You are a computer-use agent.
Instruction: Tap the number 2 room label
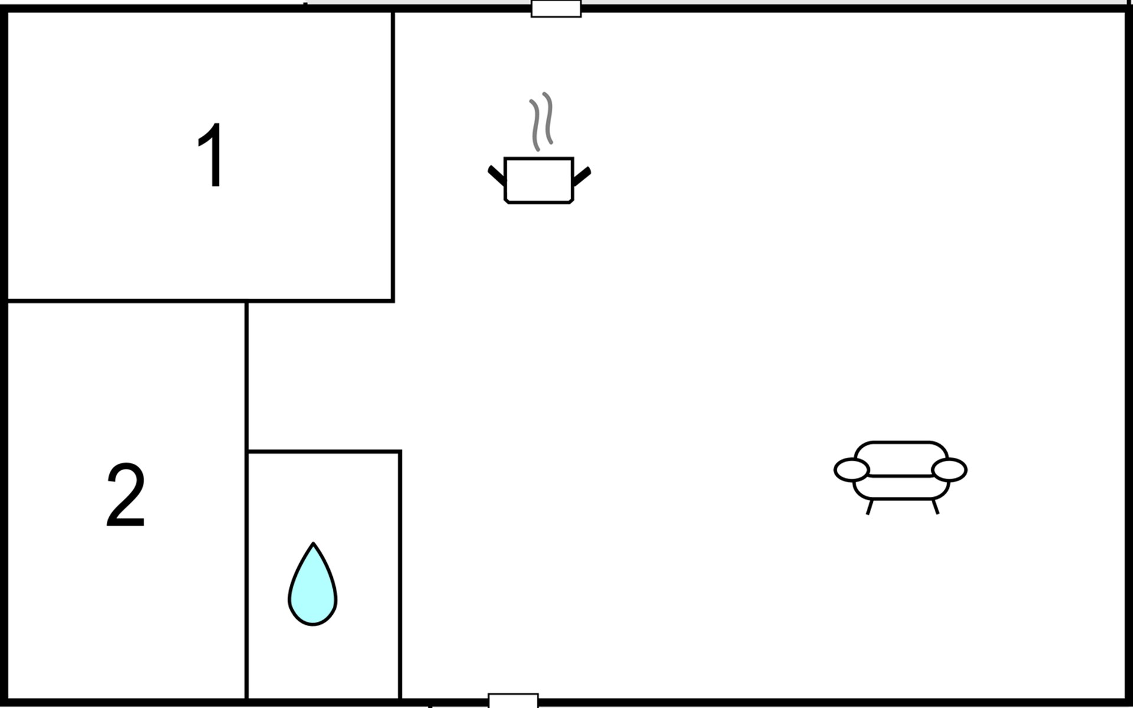tap(126, 495)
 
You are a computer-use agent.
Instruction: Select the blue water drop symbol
tap(313, 584)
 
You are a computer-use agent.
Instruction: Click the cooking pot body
tap(539, 181)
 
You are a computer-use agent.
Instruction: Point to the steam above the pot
tap(542, 122)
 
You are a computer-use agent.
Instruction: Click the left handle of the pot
tap(496, 176)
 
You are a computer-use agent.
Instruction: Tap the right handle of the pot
tap(582, 176)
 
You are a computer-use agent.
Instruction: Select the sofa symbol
tap(900, 477)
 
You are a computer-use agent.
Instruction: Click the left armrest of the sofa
tap(852, 470)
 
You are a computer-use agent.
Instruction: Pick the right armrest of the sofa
tap(949, 470)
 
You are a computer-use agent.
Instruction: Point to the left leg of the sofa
tap(870, 507)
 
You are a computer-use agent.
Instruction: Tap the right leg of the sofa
tap(935, 507)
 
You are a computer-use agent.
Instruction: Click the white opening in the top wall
tap(556, 9)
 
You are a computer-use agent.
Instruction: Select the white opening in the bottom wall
tap(513, 700)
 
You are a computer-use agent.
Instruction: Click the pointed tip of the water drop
tap(313, 543)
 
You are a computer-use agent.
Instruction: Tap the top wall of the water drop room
tap(324, 451)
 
